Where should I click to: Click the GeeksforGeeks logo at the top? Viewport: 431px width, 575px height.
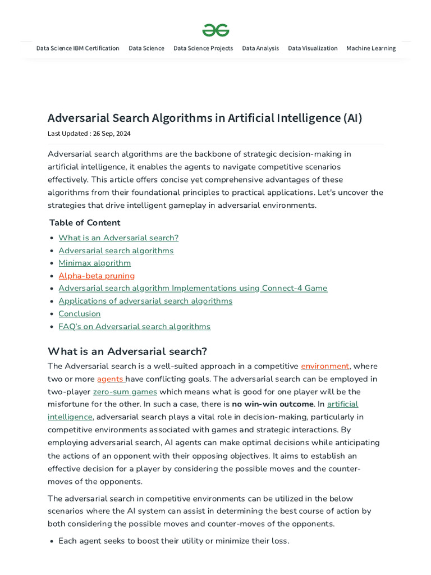coord(215,30)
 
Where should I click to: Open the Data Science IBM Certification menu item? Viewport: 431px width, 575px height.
coord(77,48)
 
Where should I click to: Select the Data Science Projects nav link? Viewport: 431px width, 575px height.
coord(203,48)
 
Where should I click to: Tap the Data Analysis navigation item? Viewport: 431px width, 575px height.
coord(260,48)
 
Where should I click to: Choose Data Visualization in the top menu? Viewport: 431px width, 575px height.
coord(313,48)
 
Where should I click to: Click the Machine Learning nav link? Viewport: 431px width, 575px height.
coord(371,48)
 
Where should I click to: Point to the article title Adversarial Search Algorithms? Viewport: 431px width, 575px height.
coord(205,118)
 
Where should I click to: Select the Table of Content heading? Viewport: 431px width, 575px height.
coord(85,222)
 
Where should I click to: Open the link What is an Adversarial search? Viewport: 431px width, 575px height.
coord(118,238)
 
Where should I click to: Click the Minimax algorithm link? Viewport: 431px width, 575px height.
coord(94,263)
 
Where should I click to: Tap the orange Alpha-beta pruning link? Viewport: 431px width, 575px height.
coord(97,276)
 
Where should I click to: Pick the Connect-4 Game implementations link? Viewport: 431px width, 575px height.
coord(192,288)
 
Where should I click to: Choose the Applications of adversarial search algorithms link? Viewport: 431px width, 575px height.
coord(145,301)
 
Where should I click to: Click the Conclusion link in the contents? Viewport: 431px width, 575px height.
coord(80,314)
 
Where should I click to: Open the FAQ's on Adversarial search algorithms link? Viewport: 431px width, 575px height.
coord(134,326)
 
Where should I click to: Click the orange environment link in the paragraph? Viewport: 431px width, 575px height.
coord(325,366)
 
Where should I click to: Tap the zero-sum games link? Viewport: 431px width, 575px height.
coord(125,391)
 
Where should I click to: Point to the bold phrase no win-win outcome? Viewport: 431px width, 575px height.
coord(273,404)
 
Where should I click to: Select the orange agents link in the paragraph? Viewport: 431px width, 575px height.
coord(110,379)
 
